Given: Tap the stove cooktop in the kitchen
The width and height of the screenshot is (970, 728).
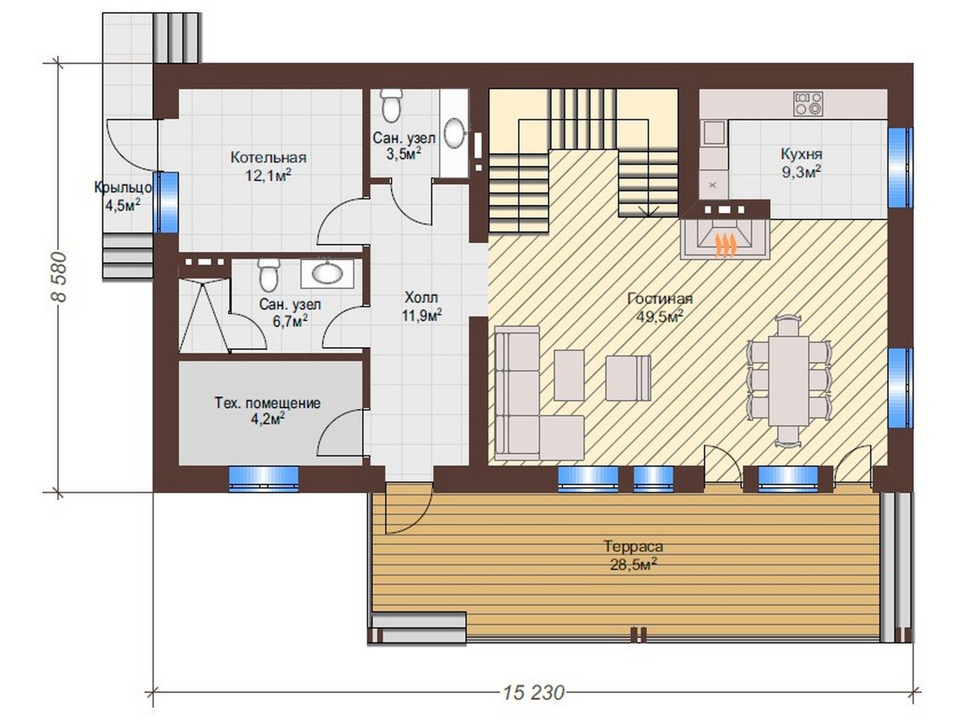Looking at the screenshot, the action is point(808,103).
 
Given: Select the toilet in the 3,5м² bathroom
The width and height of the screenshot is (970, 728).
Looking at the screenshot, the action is point(391,106).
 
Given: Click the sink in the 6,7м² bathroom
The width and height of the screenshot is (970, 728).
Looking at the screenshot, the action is point(327,274).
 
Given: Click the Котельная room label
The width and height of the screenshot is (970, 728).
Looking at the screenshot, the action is point(268,157).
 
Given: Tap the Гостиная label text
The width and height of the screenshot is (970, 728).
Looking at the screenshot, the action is point(660,299).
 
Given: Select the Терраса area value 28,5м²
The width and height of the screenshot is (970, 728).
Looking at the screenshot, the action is point(634,564).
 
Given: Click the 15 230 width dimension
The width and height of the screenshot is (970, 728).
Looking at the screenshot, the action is point(534,692).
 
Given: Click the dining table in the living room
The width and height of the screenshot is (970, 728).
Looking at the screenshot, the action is point(789,381).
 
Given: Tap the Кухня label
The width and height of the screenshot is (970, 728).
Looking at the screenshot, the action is point(801,154).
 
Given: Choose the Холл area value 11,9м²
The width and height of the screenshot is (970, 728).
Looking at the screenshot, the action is point(421,315).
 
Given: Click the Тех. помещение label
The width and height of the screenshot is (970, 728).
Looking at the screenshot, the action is point(268,403).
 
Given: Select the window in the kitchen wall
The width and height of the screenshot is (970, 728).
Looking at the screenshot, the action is point(900,167).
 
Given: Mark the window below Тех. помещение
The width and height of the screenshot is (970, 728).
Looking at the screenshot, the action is point(263,479).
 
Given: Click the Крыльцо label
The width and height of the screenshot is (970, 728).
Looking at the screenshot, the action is point(123,188).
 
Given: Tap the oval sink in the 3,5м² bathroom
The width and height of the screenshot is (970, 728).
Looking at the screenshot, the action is point(455,133).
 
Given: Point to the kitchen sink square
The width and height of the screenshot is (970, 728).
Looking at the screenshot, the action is point(714,132).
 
